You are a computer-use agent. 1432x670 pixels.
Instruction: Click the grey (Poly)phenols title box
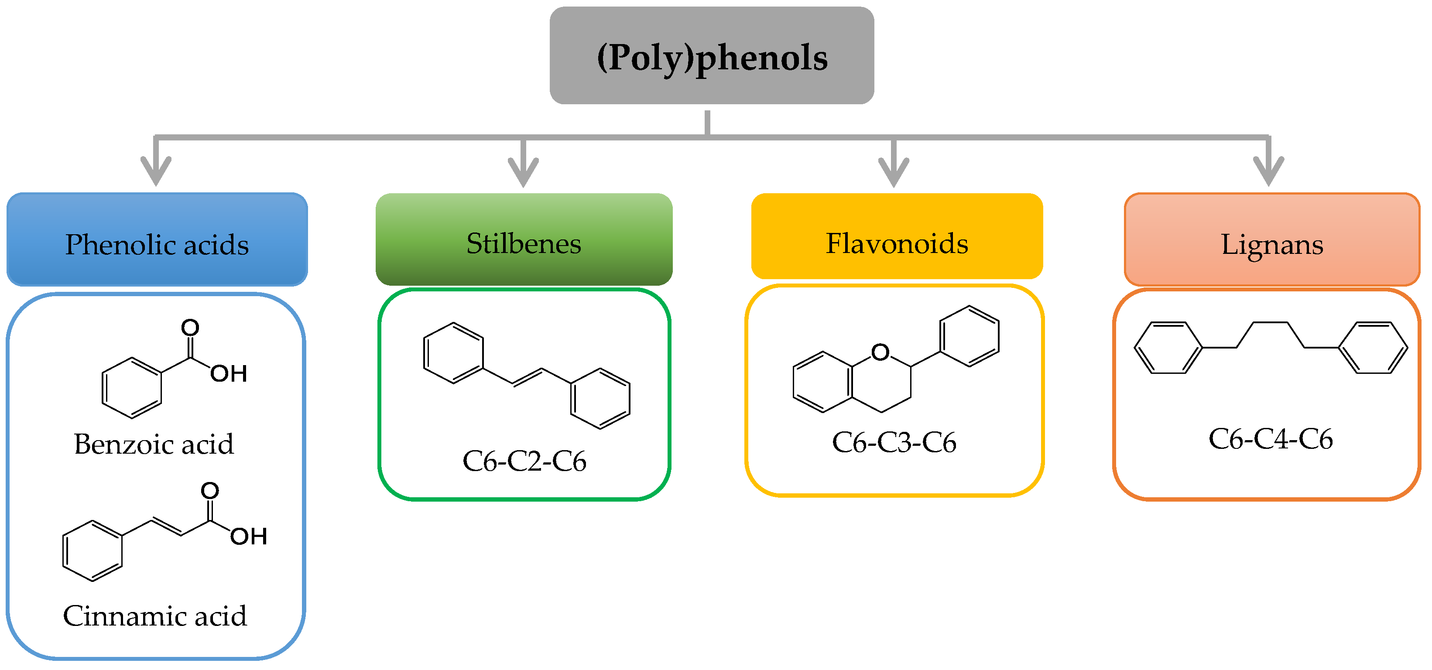tap(712, 55)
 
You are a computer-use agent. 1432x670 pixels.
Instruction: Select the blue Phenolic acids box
tap(157, 240)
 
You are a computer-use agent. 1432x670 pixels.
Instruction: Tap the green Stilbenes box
tap(524, 240)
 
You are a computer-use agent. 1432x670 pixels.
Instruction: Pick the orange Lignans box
tap(1272, 240)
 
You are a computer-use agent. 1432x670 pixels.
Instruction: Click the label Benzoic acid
tap(154, 444)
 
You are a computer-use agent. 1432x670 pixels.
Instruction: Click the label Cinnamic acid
tap(154, 616)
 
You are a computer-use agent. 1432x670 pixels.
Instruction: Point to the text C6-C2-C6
tap(524, 461)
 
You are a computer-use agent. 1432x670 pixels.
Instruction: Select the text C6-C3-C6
tap(894, 443)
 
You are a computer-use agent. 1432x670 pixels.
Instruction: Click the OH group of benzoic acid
tap(229, 374)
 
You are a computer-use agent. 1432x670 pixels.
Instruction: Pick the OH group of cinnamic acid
tap(249, 537)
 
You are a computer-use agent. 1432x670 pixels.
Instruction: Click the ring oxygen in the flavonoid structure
tap(880, 352)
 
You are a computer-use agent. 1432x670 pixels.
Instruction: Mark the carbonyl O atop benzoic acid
tap(190, 327)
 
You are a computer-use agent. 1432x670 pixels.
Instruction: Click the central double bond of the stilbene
tap(527, 376)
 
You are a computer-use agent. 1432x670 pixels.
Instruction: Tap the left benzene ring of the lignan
tap(1168, 348)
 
